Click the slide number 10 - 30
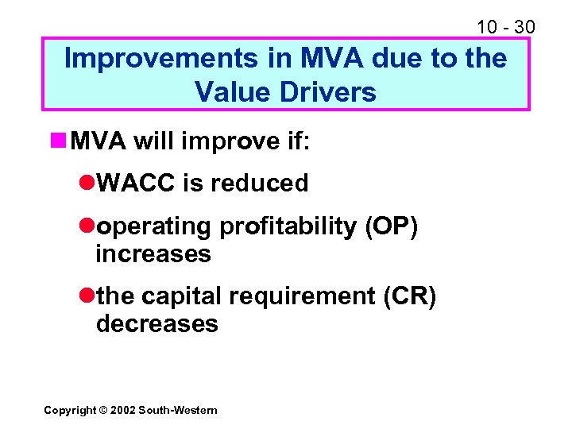click(505, 27)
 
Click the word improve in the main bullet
click(216, 143)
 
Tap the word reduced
click(259, 184)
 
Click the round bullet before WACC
click(87, 184)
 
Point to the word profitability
click(288, 226)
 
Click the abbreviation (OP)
click(391, 226)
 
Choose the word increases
click(153, 254)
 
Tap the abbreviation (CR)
click(409, 296)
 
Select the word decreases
click(157, 324)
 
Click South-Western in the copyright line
click(177, 410)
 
